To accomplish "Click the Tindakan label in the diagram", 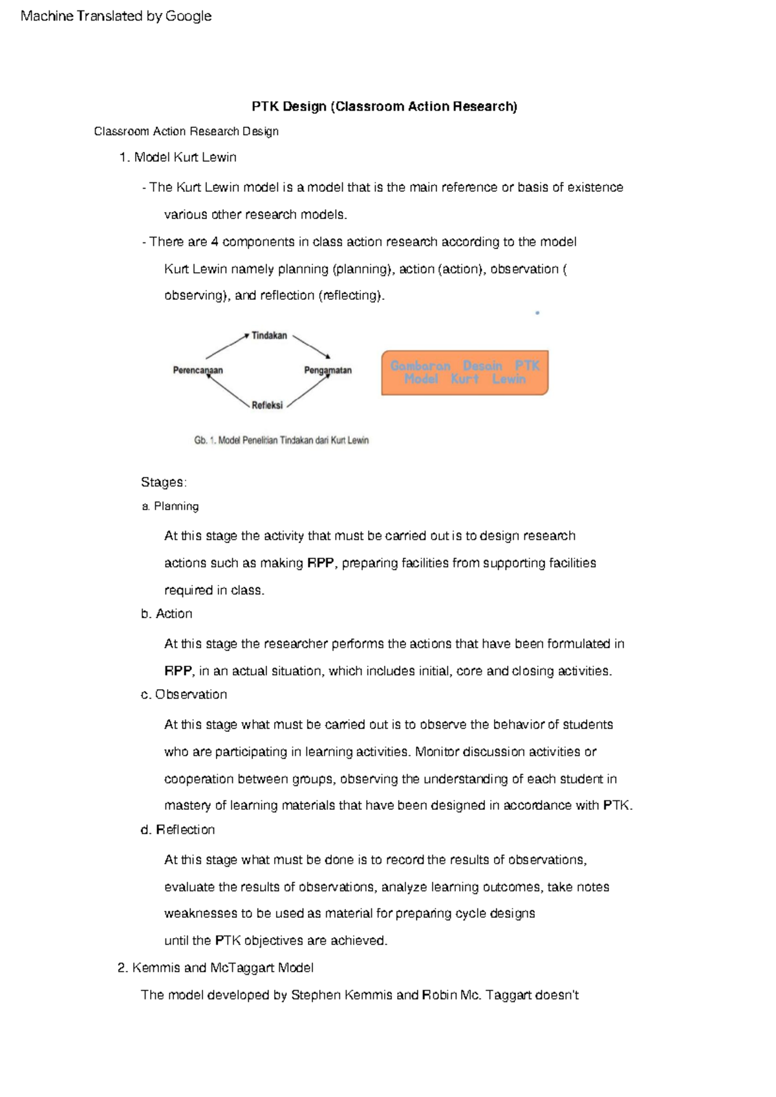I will tap(269, 335).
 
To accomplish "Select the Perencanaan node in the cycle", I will tap(198, 370).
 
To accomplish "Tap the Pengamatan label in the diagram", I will tap(328, 370).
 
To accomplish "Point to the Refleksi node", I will tap(267, 405).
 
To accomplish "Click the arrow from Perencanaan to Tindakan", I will tap(226, 346).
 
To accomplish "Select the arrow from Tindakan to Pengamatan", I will tap(312, 346).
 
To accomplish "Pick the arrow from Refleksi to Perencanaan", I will tap(228, 390).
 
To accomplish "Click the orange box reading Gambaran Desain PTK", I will tap(464, 372).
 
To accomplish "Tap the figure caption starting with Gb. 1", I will tap(281, 440).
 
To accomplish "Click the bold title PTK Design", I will tap(384, 107).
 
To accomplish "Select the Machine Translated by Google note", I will tap(116, 16).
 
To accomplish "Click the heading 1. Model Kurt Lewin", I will tap(178, 157).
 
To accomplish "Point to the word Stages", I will tap(164, 482).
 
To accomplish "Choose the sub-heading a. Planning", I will tap(170, 506).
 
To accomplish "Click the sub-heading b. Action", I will tap(167, 613).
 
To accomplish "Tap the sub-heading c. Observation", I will tap(184, 694).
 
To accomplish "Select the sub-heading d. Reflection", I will tap(178, 829).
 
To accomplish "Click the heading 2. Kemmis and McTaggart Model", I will tap(216, 968).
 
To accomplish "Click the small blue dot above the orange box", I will tap(537, 313).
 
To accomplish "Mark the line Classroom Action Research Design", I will tap(186, 131).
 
